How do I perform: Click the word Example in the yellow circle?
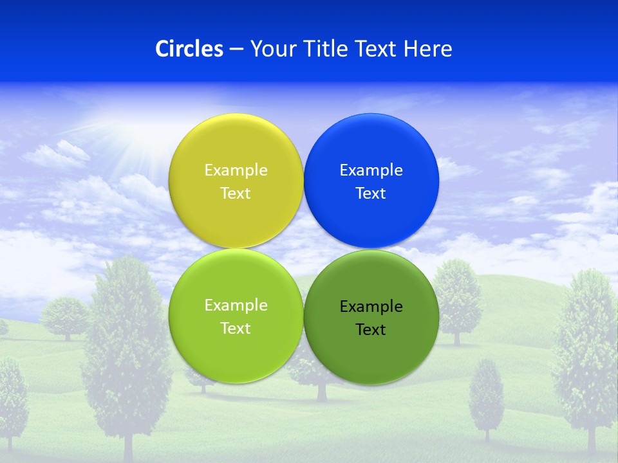236,170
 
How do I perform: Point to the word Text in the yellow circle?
236,194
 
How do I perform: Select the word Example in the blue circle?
371,170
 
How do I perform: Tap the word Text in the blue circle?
371,194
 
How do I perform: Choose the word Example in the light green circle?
236,305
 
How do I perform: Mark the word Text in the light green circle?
236,329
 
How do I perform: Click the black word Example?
371,307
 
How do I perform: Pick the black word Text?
371,330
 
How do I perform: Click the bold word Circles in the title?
189,49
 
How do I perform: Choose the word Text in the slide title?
377,49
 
